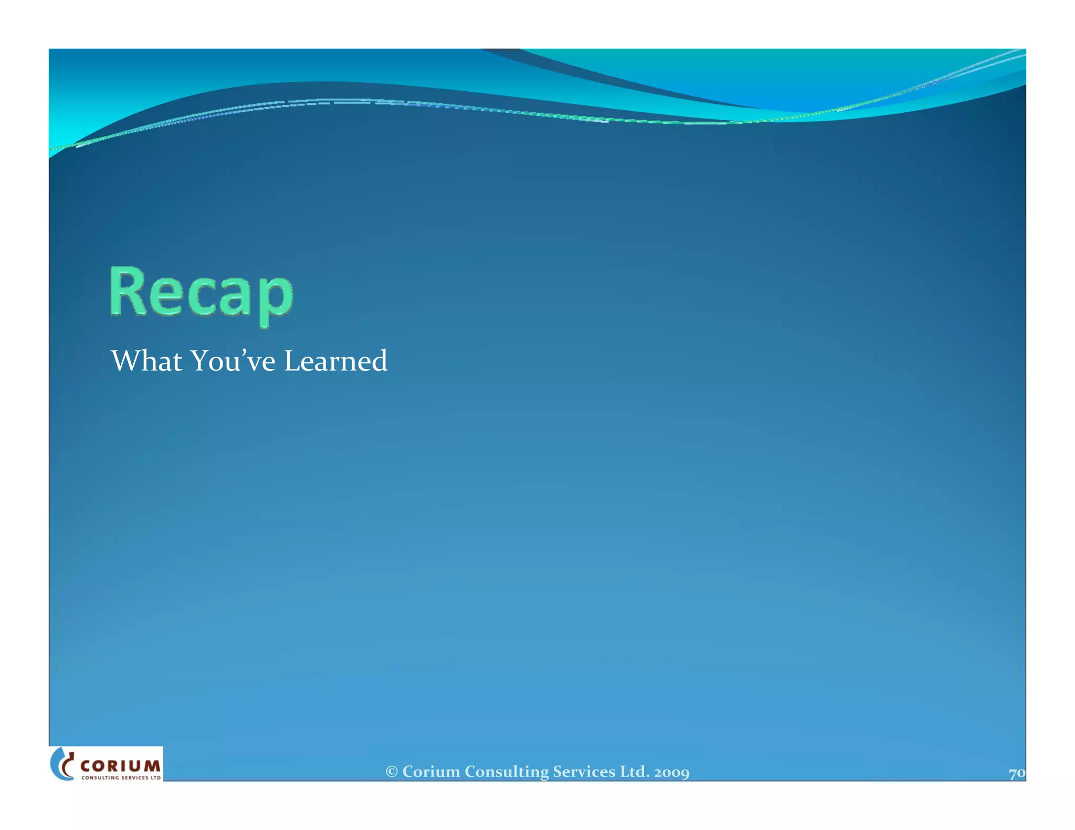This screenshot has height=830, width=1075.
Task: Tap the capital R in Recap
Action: [127, 291]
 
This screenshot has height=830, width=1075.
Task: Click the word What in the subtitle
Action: [146, 361]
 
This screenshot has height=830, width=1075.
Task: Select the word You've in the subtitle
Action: [233, 361]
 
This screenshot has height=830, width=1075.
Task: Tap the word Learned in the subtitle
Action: [335, 361]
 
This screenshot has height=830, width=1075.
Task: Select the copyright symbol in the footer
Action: [392, 772]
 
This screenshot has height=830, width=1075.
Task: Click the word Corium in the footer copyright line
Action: [431, 772]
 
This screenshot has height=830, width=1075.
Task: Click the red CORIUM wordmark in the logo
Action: [120, 766]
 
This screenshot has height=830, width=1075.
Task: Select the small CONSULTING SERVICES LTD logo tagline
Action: [121, 778]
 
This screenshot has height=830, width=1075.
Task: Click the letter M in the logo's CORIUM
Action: [152, 766]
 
